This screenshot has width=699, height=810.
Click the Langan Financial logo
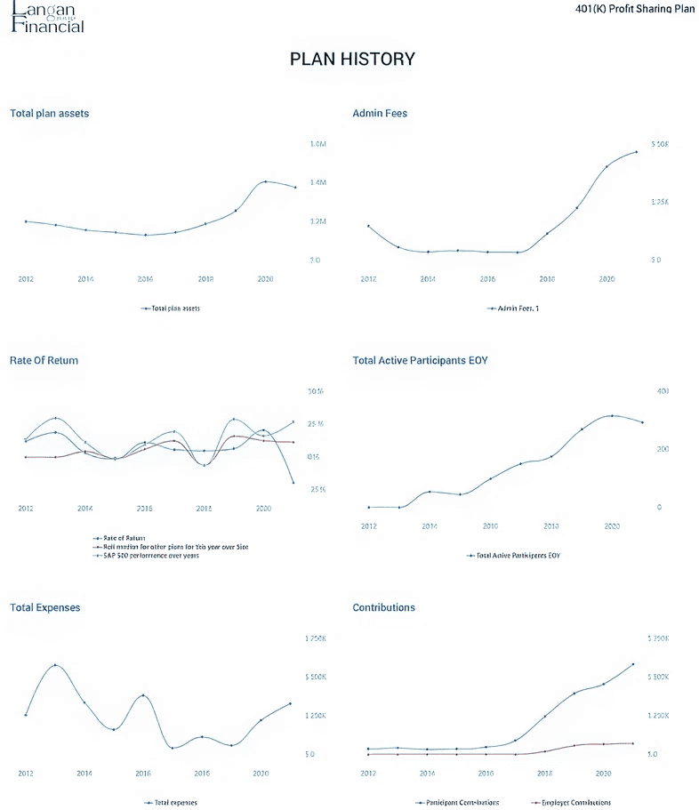[48, 17]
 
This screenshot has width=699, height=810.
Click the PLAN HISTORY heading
[352, 60]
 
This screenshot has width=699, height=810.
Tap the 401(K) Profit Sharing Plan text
[635, 9]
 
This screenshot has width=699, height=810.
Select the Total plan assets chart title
[49, 114]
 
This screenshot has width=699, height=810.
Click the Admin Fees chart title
[380, 114]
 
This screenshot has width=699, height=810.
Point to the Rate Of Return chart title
[44, 361]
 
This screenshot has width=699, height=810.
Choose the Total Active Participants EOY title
[420, 361]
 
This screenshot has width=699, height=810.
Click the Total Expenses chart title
[44, 608]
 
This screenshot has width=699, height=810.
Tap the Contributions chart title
[383, 608]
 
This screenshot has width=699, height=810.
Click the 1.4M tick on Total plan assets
[318, 183]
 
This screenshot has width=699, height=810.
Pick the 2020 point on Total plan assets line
[265, 181]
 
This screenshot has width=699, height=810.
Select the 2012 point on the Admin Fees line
[368, 226]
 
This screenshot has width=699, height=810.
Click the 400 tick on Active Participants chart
[662, 391]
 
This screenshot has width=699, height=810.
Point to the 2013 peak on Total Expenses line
[55, 665]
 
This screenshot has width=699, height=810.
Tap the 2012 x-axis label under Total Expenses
[26, 774]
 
